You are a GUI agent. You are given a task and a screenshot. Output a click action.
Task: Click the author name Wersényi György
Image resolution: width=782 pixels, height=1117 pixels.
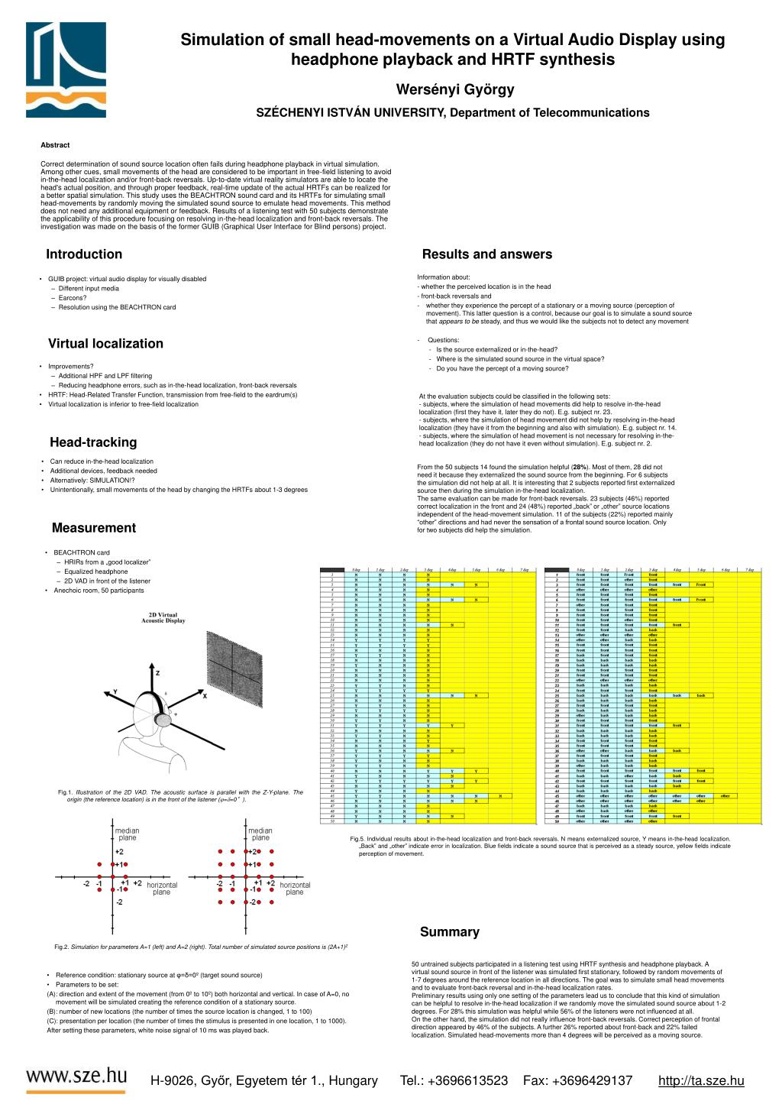click(455, 89)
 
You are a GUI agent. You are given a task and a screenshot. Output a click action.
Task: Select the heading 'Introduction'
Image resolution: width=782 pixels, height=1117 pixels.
click(84, 254)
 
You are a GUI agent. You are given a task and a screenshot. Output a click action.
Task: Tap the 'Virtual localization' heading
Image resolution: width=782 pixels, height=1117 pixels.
click(105, 344)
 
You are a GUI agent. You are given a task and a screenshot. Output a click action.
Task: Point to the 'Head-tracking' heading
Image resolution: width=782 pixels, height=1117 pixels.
click(93, 442)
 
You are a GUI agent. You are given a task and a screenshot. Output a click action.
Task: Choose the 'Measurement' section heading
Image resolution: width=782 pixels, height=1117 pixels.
click(93, 528)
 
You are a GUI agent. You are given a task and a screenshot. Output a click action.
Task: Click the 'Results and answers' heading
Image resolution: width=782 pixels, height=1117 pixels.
click(486, 254)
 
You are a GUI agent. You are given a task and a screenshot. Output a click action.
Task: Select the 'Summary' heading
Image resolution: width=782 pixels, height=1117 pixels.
click(450, 932)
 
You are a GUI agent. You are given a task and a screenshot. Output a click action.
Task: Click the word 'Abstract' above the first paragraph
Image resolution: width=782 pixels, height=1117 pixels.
click(55, 145)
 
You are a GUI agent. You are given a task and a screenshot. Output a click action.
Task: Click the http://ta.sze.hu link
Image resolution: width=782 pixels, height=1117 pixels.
click(700, 1080)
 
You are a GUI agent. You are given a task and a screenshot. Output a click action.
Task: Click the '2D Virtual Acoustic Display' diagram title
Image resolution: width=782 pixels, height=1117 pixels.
click(163, 617)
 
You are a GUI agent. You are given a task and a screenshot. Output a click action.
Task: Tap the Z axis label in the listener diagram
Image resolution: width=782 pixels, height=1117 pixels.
click(157, 673)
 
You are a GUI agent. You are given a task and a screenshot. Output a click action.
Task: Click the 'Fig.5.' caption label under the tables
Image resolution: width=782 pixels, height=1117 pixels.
click(357, 839)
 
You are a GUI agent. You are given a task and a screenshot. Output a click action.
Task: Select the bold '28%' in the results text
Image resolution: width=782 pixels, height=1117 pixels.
click(580, 467)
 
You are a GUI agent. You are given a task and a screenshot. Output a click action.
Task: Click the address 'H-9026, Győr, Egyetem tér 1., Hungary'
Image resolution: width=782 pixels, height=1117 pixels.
click(264, 1080)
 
